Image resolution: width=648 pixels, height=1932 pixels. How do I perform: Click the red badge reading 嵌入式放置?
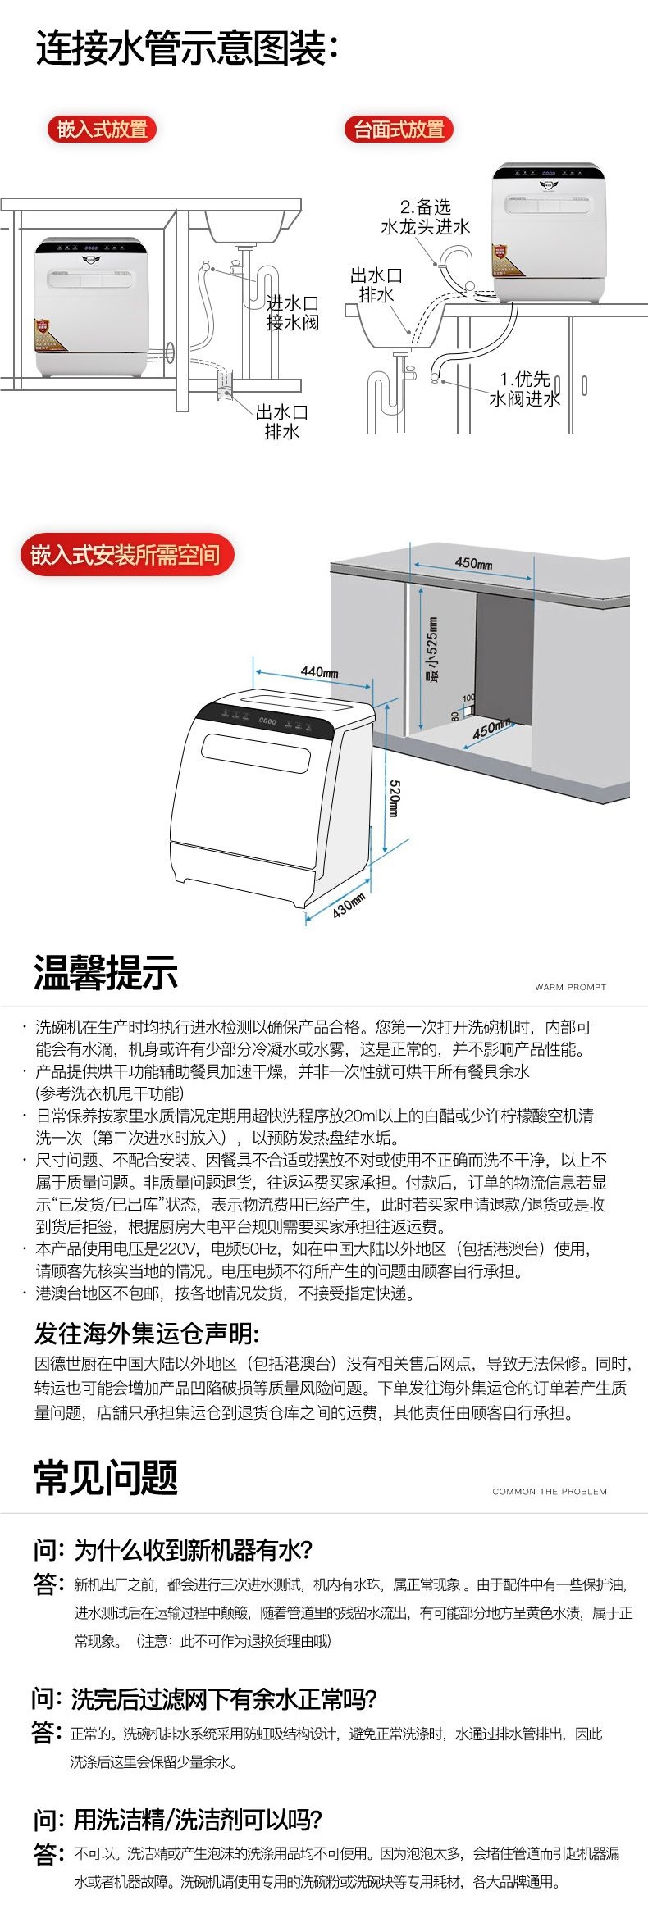[x=102, y=129]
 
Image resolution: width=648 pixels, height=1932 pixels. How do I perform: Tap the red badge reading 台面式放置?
[x=399, y=129]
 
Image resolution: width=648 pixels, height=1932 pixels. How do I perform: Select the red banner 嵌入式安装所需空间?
[x=126, y=555]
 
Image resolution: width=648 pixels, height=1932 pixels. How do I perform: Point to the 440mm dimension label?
[x=319, y=671]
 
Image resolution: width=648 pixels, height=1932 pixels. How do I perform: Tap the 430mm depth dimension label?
[x=349, y=905]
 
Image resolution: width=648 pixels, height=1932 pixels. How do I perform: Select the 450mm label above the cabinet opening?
[x=473, y=563]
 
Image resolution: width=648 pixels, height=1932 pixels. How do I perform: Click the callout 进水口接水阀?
[x=292, y=313]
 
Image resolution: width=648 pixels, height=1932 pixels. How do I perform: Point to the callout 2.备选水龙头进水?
[x=425, y=216]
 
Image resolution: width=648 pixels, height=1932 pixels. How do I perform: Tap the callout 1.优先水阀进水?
[x=524, y=389]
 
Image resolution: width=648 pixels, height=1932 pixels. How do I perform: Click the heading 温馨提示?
[x=106, y=973]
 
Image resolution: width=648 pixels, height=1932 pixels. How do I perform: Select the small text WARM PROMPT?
[x=570, y=987]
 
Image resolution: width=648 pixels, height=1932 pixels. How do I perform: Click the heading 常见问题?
[x=106, y=1477]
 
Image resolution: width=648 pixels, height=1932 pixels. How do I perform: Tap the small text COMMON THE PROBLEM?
[x=549, y=1491]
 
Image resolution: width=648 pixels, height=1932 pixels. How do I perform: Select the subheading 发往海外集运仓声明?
[x=146, y=1334]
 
